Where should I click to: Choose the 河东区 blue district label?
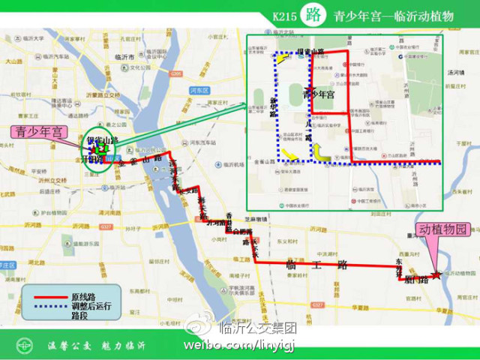[x=198, y=90]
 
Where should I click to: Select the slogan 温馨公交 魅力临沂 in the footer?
[x=97, y=346]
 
